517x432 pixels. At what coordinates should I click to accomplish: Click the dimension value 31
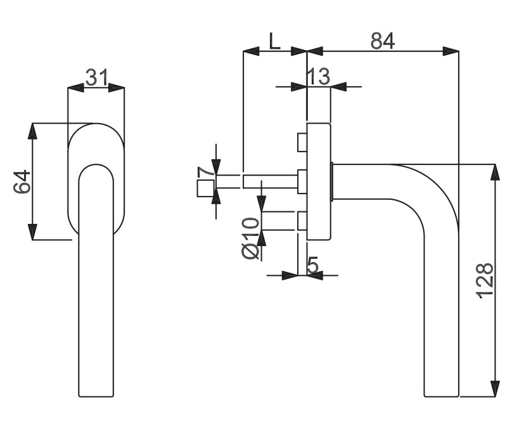96,77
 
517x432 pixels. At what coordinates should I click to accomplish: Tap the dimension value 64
22,181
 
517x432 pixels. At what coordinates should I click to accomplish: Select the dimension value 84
383,41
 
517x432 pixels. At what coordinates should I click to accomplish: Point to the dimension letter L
274,41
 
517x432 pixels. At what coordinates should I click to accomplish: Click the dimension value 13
318,77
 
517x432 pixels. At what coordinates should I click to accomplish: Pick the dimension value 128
485,281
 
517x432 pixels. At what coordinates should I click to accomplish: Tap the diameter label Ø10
251,238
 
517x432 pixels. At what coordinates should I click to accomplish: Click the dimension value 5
312,265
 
